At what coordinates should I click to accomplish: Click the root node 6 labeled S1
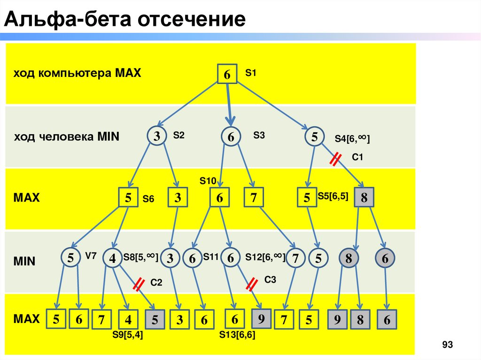click(227, 74)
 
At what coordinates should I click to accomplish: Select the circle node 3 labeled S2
click(157, 136)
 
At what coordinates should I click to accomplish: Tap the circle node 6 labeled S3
click(231, 137)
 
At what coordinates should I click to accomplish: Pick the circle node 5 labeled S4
click(314, 137)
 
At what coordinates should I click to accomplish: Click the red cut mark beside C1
click(335, 160)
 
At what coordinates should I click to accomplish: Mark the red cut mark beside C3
click(253, 284)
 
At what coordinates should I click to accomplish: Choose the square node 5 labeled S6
click(128, 198)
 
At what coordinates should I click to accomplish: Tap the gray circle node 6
click(385, 258)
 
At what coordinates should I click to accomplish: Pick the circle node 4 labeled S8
click(112, 259)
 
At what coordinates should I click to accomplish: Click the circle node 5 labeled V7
click(70, 258)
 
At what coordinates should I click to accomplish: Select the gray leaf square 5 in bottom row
click(158, 320)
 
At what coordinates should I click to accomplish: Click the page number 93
click(447, 345)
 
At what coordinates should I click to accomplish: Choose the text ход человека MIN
click(66, 137)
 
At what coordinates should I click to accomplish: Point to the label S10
click(207, 180)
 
